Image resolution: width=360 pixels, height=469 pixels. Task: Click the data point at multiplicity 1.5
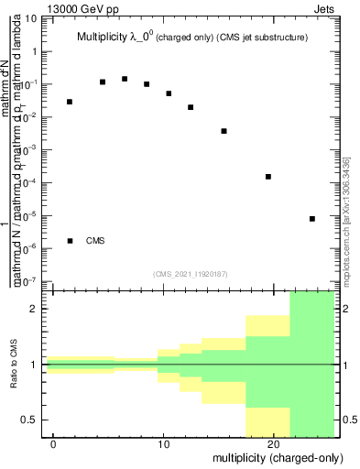coord(70,102)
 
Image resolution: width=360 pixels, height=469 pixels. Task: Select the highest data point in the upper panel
coord(125,79)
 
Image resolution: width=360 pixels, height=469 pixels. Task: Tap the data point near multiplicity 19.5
coord(268,177)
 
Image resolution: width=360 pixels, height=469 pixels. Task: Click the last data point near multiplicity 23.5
coord(312,219)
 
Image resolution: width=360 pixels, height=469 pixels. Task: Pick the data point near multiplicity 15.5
coord(224,131)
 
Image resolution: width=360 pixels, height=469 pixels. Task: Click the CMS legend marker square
coord(70,241)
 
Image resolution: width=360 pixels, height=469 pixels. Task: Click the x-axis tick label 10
coord(163,443)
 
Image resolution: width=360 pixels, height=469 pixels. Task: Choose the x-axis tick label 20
coord(273,443)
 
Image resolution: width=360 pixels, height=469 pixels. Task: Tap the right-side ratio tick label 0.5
coord(348,420)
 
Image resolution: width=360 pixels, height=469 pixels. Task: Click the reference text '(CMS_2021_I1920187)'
coord(190,273)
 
